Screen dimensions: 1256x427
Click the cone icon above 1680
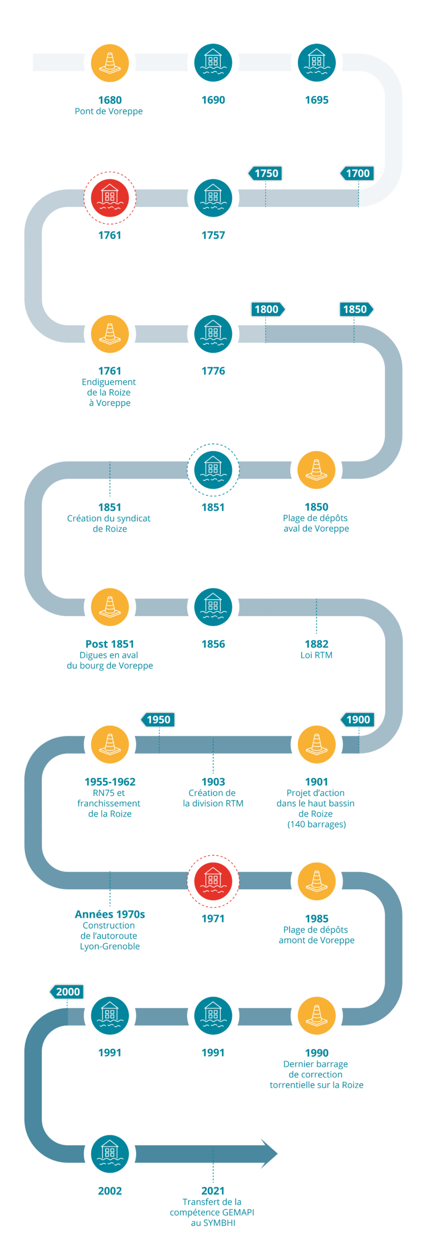pyautogui.click(x=110, y=62)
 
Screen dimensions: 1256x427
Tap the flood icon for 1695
pyautogui.click(x=316, y=62)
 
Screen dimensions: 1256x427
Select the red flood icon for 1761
pyautogui.click(x=110, y=198)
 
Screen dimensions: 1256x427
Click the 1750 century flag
pyautogui.click(x=266, y=173)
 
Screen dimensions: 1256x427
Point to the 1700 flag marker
pyautogui.click(x=357, y=173)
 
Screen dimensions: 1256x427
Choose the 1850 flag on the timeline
pyautogui.click(x=356, y=309)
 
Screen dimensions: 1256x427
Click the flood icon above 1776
pyautogui.click(x=213, y=333)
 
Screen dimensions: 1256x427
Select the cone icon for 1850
pyautogui.click(x=316, y=470)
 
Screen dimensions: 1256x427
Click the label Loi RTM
pyautogui.click(x=316, y=655)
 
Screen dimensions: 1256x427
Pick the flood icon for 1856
pyautogui.click(x=213, y=606)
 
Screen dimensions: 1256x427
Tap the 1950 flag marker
pyautogui.click(x=158, y=720)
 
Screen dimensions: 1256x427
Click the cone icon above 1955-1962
pyautogui.click(x=110, y=744)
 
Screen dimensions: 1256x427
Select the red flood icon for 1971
pyautogui.click(x=213, y=881)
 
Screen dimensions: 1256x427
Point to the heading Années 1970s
pyautogui.click(x=110, y=914)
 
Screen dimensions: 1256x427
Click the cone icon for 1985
pyautogui.click(x=316, y=881)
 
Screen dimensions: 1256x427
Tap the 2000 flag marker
pyautogui.click(x=67, y=992)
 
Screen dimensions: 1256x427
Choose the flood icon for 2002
pyautogui.click(x=110, y=1154)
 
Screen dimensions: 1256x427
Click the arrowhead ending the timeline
pyautogui.click(x=269, y=1154)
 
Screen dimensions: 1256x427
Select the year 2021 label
pyautogui.click(x=213, y=1190)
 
